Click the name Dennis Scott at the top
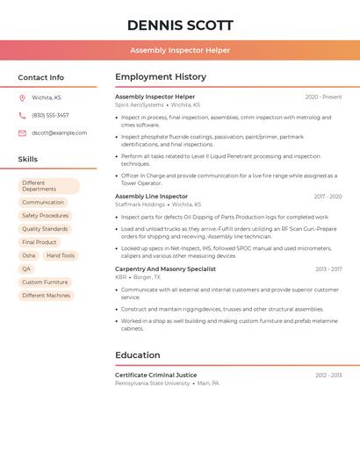[180, 25]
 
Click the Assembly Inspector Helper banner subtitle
[180, 50]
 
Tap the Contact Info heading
[40, 77]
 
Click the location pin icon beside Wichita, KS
[22, 97]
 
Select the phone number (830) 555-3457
[50, 115]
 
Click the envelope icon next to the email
[22, 132]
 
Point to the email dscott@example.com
[59, 132]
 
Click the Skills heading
[27, 159]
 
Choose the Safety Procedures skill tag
[45, 216]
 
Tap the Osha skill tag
[29, 255]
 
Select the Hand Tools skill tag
[61, 255]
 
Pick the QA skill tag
[26, 268]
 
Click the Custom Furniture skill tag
[45, 283]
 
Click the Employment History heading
[161, 76]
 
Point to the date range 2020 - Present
[323, 97]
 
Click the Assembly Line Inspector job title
[151, 197]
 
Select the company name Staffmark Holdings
[140, 204]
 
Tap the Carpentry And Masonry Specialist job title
[165, 269]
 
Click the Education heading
[138, 354]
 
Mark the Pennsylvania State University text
[152, 383]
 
